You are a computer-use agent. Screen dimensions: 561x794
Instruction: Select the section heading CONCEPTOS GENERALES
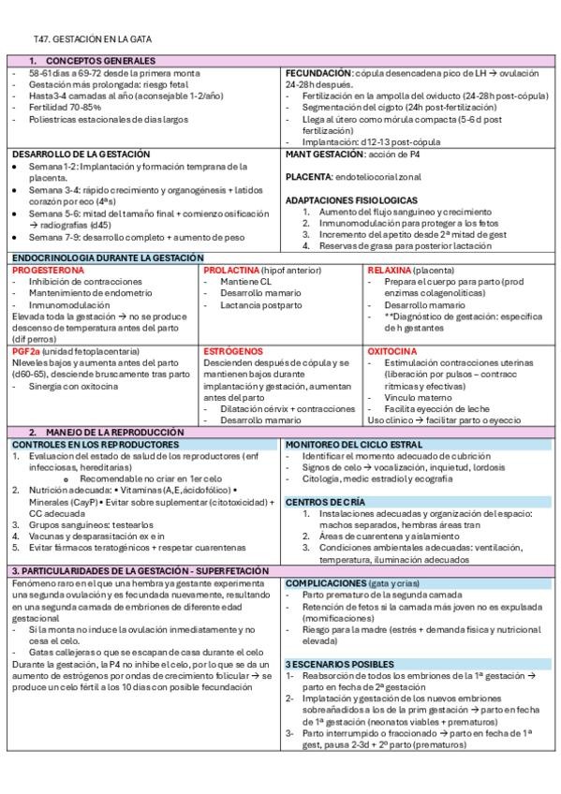91,61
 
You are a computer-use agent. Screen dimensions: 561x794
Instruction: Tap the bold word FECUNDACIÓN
318,72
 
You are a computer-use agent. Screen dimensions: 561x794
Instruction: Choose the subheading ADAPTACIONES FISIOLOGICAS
351,200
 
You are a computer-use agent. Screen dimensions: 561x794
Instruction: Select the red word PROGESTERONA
48,269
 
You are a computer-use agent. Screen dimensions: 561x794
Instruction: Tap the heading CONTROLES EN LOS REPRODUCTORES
95,444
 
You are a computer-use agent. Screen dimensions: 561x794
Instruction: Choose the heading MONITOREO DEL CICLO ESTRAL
353,444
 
